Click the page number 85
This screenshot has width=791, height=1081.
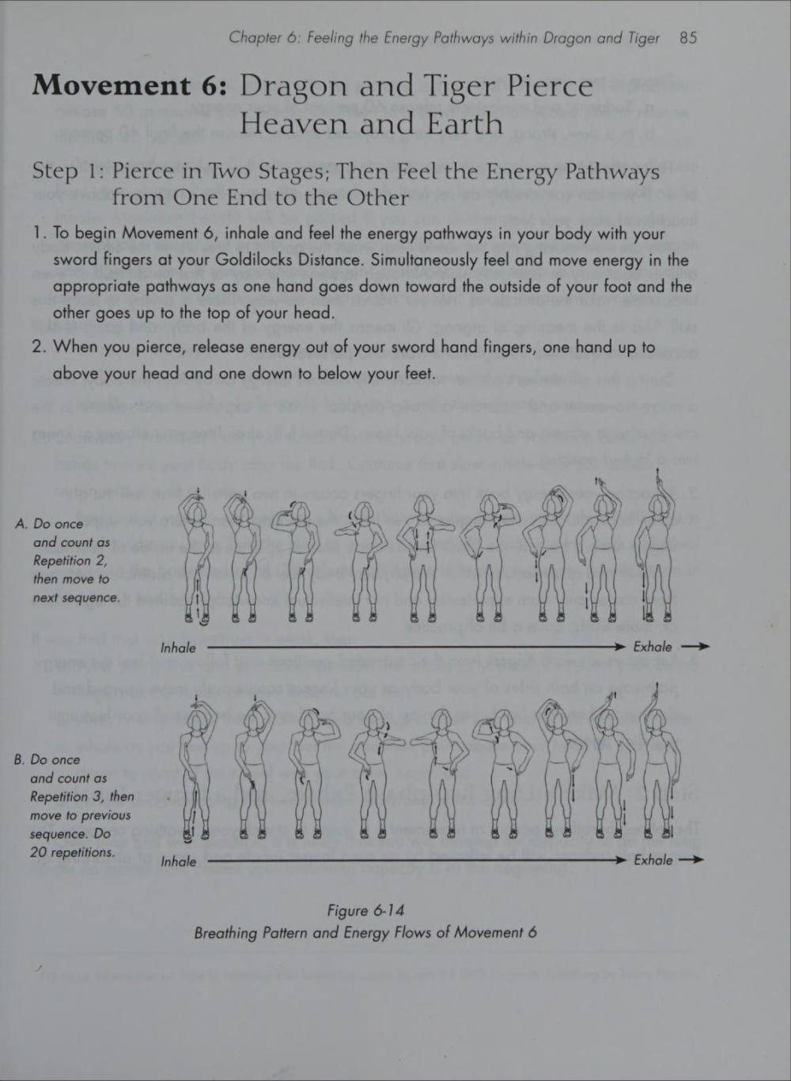(688, 38)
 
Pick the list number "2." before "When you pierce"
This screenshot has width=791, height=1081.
(39, 347)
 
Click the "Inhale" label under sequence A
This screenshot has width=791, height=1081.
(178, 648)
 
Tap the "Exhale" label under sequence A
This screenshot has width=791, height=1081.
(653, 647)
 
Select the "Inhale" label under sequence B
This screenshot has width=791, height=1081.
(178, 862)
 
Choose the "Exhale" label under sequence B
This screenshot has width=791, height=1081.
(653, 860)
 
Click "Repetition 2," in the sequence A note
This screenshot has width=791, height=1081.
(70, 561)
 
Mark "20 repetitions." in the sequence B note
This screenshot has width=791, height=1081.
(73, 852)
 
